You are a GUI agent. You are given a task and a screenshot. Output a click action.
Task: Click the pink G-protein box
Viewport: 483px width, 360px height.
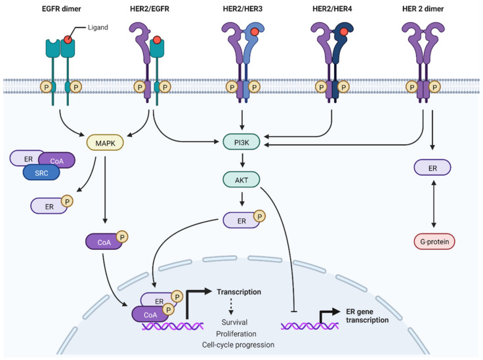coord(434,242)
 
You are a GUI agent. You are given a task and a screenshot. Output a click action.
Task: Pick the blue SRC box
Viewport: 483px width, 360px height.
coord(42,171)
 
